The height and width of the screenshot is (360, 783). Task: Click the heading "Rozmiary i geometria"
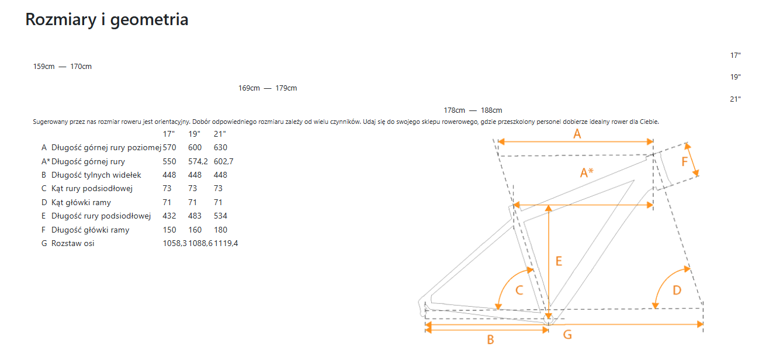click(x=106, y=19)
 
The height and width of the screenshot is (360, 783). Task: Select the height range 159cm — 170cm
click(x=62, y=67)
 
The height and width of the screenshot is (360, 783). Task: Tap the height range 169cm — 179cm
click(x=268, y=88)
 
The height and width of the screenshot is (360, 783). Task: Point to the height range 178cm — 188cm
click(x=473, y=110)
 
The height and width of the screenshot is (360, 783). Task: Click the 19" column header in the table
click(x=194, y=134)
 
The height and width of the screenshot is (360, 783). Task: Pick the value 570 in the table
click(x=169, y=147)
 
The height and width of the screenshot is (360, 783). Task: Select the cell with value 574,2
click(x=198, y=161)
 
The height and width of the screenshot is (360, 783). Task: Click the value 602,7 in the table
click(x=223, y=161)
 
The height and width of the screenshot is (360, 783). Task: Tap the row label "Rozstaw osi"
click(x=72, y=243)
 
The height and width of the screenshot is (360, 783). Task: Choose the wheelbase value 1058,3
click(x=175, y=243)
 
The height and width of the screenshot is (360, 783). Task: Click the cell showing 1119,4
click(x=226, y=243)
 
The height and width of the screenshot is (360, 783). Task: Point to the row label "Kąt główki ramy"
click(x=81, y=202)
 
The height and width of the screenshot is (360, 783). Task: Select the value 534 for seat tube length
click(x=220, y=216)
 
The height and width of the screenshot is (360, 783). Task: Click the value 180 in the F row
click(x=220, y=230)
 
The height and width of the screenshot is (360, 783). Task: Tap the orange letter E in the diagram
click(x=559, y=261)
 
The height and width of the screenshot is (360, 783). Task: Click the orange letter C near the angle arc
click(x=519, y=290)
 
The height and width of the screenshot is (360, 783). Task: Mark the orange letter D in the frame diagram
click(x=677, y=290)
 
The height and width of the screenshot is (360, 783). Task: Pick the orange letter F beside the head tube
click(x=684, y=161)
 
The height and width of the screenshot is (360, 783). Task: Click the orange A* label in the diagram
click(x=587, y=172)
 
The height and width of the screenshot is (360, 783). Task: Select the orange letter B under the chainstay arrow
click(x=490, y=340)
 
